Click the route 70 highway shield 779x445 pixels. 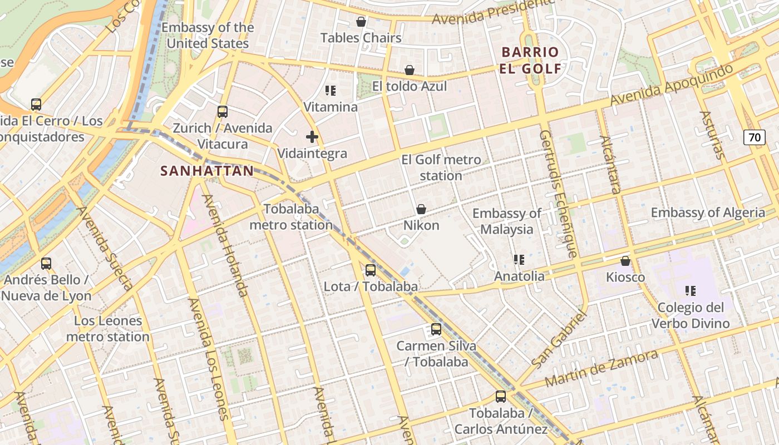[755, 137]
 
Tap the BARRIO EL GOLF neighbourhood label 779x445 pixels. [530, 60]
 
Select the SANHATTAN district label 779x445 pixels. [207, 171]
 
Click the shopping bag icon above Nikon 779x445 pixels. [421, 209]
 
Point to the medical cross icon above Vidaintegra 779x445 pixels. [312, 137]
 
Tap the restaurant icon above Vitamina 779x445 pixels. [331, 90]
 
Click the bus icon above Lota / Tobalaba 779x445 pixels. [371, 270]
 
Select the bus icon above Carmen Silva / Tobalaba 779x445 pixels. [436, 329]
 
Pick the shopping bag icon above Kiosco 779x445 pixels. [625, 261]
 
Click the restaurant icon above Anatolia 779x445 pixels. [519, 260]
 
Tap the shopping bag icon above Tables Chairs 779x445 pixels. [361, 22]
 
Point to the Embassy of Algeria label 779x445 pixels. [708, 212]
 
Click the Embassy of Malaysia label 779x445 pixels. [506, 221]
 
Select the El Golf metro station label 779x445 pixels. [441, 168]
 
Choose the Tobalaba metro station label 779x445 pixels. [291, 217]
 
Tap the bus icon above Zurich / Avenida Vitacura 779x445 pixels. [223, 112]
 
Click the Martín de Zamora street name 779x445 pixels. [601, 368]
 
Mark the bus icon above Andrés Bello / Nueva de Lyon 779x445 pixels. [46, 264]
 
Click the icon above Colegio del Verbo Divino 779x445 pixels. [691, 291]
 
